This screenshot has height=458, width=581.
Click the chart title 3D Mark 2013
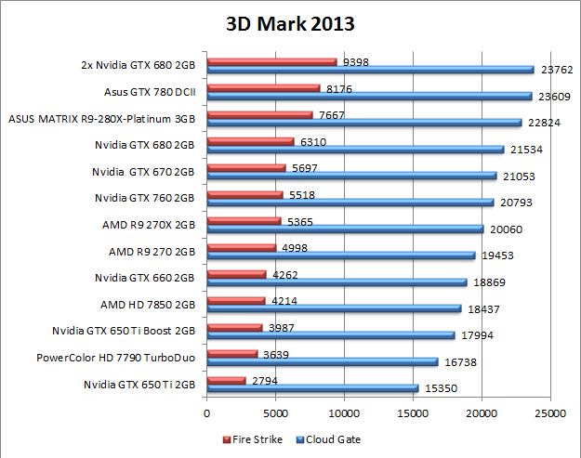pyautogui.click(x=290, y=24)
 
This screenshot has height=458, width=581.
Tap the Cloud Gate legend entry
pyautogui.click(x=330, y=439)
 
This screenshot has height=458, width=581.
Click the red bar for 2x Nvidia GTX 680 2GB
pyautogui.click(x=271, y=62)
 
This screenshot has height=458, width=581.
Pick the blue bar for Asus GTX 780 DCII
pyautogui.click(x=369, y=97)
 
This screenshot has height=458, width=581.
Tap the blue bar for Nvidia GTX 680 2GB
pyautogui.click(x=355, y=150)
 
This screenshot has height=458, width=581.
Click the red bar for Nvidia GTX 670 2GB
pyautogui.click(x=246, y=168)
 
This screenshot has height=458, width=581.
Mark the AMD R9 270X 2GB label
pyautogui.click(x=149, y=225)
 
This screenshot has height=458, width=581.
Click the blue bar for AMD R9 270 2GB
pyautogui.click(x=341, y=255)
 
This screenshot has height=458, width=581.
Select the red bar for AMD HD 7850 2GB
pyautogui.click(x=236, y=300)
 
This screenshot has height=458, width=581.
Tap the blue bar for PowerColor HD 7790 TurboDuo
pyautogui.click(x=323, y=361)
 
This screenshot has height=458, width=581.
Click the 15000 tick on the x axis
pyautogui.click(x=413, y=413)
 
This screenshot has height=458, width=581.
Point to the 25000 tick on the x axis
pyautogui.click(x=550, y=413)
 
